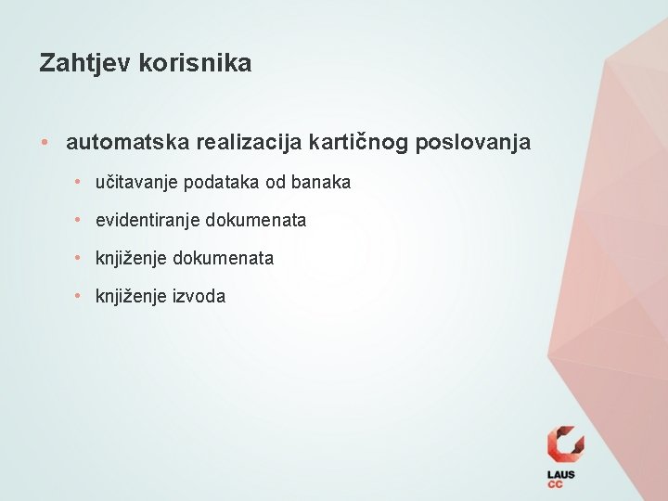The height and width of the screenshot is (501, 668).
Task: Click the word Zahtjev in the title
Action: pos(85,63)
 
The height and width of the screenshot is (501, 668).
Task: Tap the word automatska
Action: pos(125,143)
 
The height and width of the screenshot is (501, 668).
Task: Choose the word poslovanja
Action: pos(474,143)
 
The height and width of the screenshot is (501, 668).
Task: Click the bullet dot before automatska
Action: pos(45,143)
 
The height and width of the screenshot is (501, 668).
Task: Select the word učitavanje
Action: pos(136,183)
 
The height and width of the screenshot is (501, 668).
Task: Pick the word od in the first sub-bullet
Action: pos(276,183)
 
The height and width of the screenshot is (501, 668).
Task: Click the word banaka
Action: pos(321,183)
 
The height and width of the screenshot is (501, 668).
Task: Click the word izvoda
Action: pos(199,297)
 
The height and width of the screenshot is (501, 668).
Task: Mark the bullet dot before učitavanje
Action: pos(80,183)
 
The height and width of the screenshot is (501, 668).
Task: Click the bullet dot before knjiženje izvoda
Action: pos(80,297)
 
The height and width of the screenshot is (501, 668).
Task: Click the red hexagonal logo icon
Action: pos(565,444)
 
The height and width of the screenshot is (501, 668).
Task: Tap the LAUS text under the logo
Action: pos(561,475)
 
